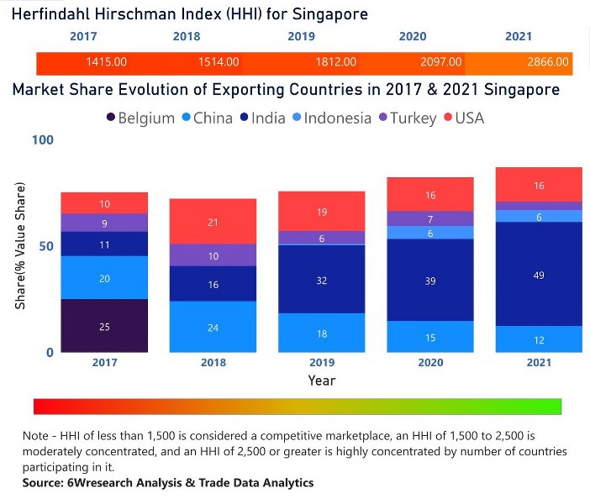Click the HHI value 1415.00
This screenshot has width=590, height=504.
tap(106, 62)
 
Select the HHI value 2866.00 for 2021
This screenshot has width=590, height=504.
tap(550, 62)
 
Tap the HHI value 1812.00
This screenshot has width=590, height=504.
tap(337, 62)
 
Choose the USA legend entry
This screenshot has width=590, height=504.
tap(471, 118)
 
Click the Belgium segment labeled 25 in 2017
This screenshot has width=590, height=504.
tap(104, 326)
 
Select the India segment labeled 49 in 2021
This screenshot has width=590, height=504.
tap(539, 274)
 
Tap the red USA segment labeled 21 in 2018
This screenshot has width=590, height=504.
tap(213, 222)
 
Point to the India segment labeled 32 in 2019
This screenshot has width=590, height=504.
tap(321, 280)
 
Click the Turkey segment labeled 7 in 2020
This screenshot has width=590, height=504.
tap(430, 218)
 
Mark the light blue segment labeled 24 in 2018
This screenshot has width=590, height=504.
tap(213, 327)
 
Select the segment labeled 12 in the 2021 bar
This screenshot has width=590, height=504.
tap(539, 339)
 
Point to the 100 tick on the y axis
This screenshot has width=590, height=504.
tap(42, 139)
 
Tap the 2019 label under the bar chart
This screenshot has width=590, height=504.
tap(321, 363)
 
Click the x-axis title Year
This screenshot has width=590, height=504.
tap(321, 381)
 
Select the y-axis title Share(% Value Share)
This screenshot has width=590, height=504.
tap(19, 245)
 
